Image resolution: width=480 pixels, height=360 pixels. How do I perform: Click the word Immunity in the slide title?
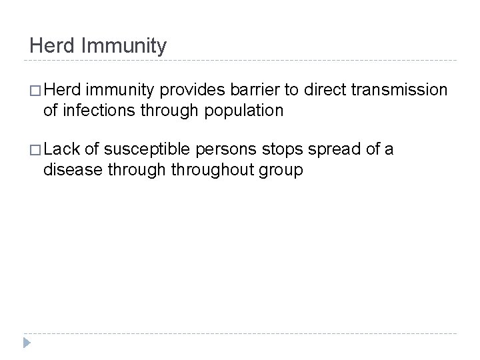point(127,47)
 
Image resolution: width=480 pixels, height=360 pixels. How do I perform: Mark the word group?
point(282,171)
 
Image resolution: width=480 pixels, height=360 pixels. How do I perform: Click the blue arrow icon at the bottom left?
point(26,343)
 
